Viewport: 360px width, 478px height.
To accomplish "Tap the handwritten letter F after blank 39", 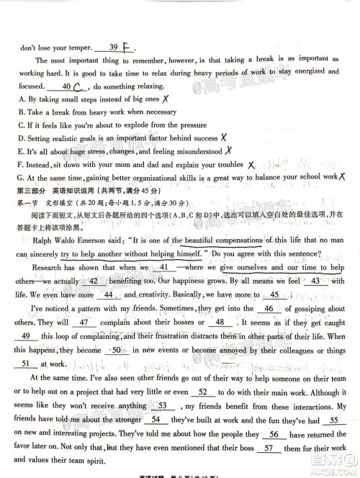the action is pos(127,48).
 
